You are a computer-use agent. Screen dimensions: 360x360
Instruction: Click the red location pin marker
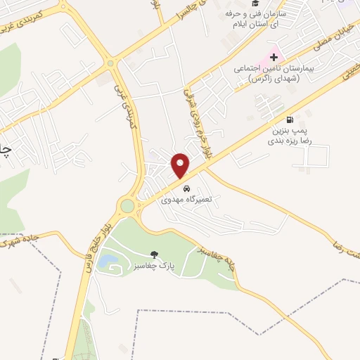tap(181, 165)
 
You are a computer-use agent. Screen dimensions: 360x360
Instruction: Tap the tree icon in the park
tap(155, 255)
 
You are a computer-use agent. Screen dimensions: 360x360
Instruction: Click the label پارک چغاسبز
tap(155, 266)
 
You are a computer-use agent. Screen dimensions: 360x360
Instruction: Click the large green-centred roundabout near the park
tap(127, 206)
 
